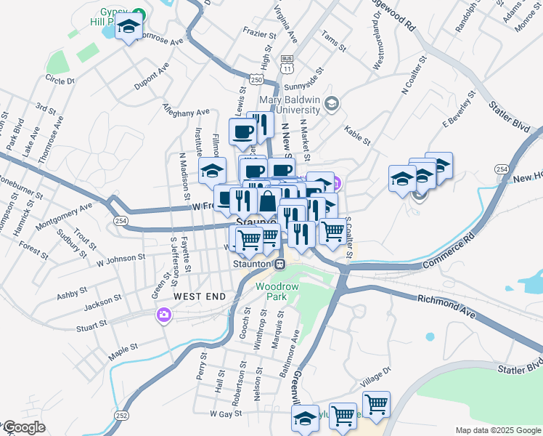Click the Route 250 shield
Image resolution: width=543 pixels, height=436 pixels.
(x=256, y=78)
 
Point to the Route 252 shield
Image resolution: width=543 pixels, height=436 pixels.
(x=122, y=416)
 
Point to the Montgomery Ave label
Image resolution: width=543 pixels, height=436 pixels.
(x=64, y=217)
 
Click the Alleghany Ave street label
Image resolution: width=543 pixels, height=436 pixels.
(x=187, y=116)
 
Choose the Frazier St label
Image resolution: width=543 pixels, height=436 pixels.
(x=260, y=34)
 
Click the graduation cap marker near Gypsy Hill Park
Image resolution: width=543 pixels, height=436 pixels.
(x=129, y=28)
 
